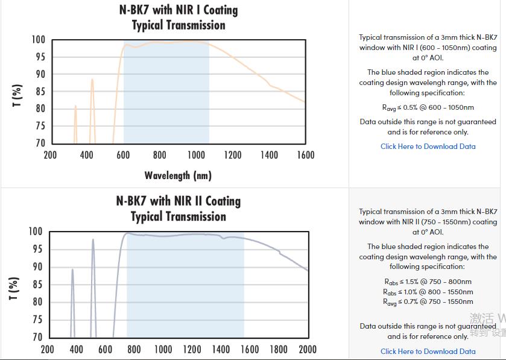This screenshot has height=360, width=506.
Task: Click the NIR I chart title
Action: click(x=178, y=17)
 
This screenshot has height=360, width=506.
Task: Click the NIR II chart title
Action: click(x=178, y=209)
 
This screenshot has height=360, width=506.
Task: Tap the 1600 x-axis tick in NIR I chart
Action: click(x=306, y=155)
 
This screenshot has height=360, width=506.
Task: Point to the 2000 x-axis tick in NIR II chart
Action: click(x=308, y=349)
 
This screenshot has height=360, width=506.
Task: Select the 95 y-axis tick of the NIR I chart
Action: click(x=39, y=57)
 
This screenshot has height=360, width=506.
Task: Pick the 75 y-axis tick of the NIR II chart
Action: click(x=37, y=320)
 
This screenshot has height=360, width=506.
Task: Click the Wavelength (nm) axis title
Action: click(x=178, y=175)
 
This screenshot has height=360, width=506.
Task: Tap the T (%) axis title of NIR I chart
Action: click(x=17, y=95)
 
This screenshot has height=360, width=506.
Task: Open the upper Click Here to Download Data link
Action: click(x=428, y=146)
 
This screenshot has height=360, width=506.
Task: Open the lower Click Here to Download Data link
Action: click(x=428, y=351)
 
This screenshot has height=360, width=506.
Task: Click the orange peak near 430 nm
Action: click(x=92, y=80)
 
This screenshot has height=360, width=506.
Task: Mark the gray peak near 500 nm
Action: click(x=93, y=241)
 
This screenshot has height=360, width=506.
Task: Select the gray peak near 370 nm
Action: click(x=72, y=271)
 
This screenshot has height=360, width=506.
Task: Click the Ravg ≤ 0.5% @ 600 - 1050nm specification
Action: click(x=428, y=107)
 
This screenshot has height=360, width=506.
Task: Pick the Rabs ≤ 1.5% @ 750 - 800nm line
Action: click(x=428, y=282)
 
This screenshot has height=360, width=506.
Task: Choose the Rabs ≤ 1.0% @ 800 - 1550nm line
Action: click(x=428, y=292)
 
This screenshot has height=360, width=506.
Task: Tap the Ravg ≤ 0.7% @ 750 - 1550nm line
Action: click(x=428, y=302)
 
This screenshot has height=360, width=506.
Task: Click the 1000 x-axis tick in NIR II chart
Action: click(x=163, y=349)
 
